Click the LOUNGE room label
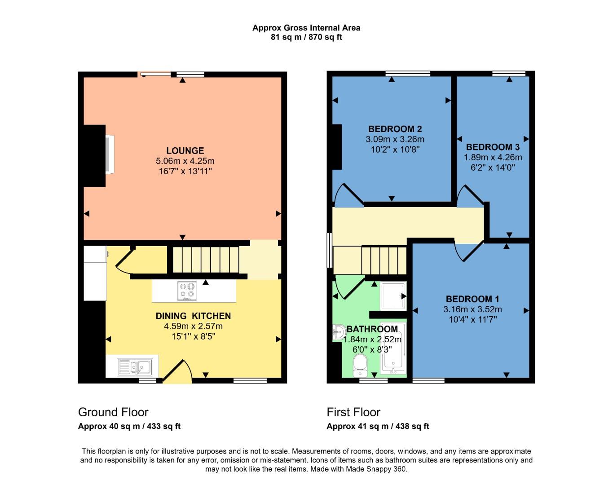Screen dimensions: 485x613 [x=185, y=151]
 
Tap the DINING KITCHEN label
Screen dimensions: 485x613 [x=193, y=316]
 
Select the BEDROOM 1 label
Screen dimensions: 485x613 [x=472, y=299]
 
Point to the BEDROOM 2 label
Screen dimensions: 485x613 [x=395, y=129]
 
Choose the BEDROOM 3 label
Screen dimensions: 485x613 [x=493, y=147]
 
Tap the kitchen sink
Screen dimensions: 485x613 [x=135, y=367]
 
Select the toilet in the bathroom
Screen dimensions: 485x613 [x=360, y=365]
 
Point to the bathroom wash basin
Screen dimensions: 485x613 [x=339, y=333]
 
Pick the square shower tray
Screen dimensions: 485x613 [x=393, y=296]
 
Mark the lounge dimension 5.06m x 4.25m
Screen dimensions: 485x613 [x=185, y=161]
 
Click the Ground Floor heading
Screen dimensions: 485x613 [x=113, y=412]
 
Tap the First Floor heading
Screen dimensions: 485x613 [x=353, y=412]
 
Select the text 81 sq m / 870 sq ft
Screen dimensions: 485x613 [x=306, y=37]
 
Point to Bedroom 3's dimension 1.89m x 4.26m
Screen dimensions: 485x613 [x=493, y=157]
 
